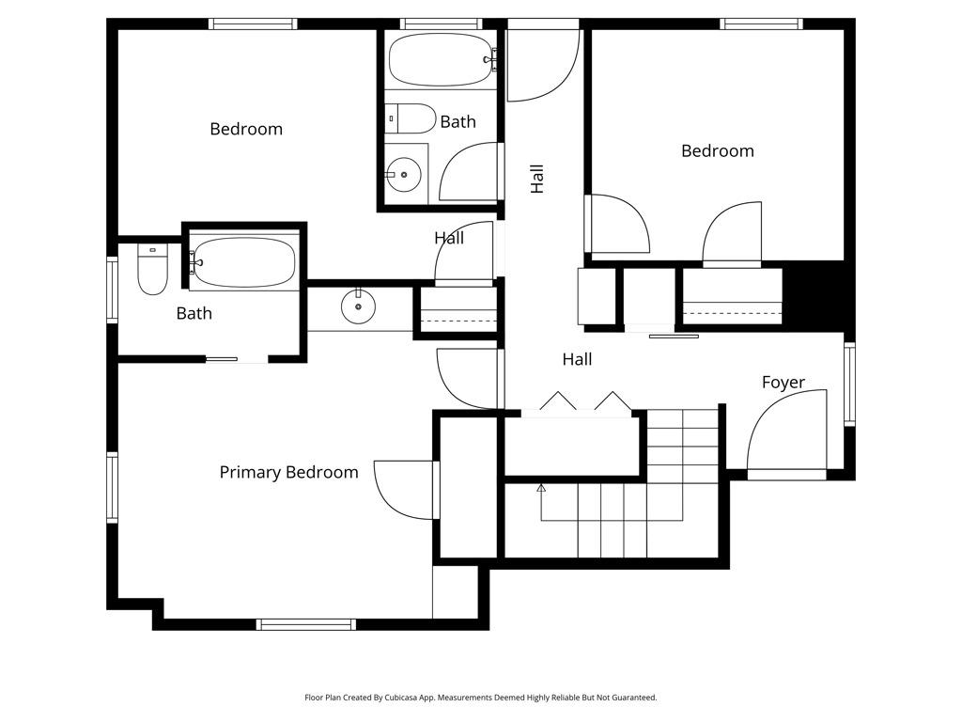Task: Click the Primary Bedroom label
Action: pos(288,472)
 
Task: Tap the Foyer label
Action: pos(783,382)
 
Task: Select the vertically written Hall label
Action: pos(537,179)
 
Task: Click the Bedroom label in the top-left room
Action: pos(245,129)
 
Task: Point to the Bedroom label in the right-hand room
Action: pos(717,150)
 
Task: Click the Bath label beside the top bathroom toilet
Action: pos(458,121)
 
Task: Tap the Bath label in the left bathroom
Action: pos(194,313)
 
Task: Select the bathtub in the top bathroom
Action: pos(441,59)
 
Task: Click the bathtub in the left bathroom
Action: pos(243,262)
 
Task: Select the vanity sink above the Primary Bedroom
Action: pos(358,305)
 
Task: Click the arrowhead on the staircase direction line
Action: pos(541,488)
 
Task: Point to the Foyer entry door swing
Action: pos(787,432)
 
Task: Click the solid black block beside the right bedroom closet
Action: pos(815,296)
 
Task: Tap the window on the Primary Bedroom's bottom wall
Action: pos(306,624)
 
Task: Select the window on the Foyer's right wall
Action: pos(849,385)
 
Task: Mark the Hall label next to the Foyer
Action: pos(577,359)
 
